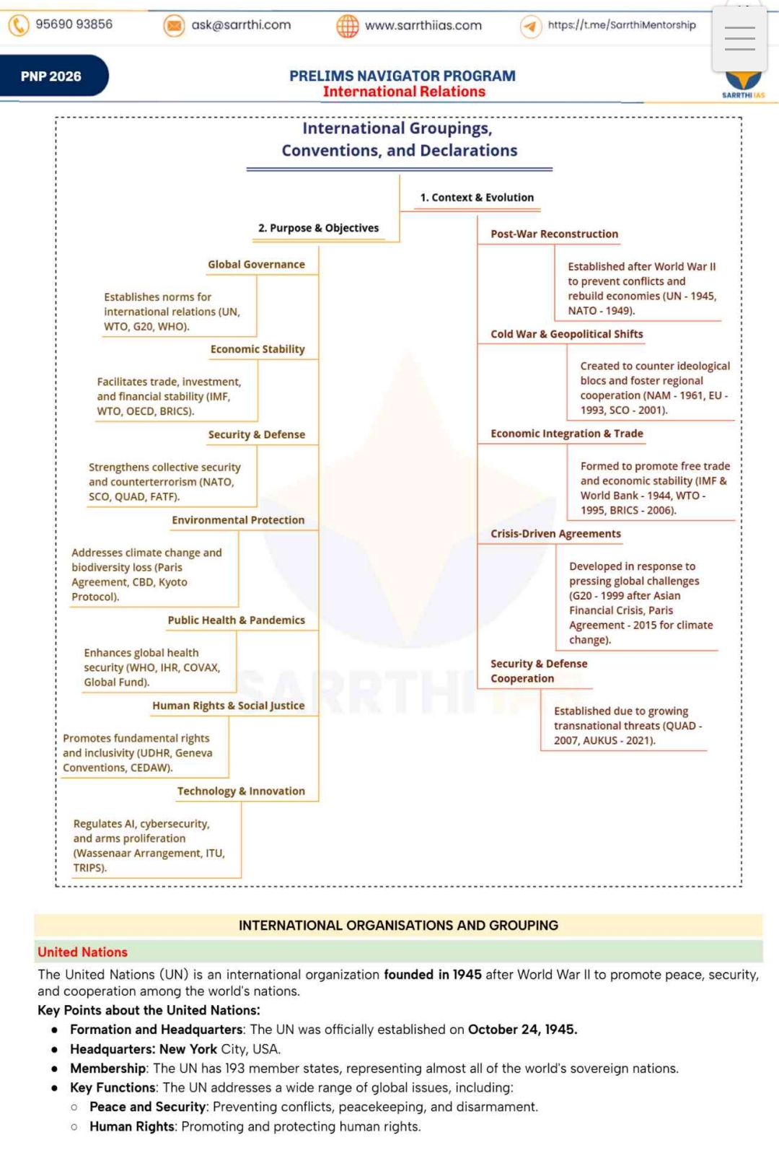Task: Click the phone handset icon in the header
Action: [x=19, y=25]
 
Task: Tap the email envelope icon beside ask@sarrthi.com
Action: [x=174, y=26]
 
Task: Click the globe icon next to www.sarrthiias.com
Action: [x=348, y=26]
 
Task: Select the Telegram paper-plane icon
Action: [x=531, y=26]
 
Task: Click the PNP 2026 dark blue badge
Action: [x=51, y=76]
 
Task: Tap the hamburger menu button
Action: [x=739, y=38]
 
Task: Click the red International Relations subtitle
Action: [x=404, y=92]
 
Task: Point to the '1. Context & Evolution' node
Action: [x=477, y=198]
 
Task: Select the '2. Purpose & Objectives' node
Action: [x=318, y=228]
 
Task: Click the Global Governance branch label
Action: [x=256, y=265]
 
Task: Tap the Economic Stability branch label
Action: [x=258, y=349]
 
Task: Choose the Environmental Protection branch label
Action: [x=238, y=520]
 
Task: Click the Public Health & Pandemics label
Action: [x=236, y=620]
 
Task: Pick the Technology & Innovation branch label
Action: [x=241, y=791]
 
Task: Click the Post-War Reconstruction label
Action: [x=554, y=234]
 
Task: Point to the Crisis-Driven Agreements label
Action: [x=555, y=534]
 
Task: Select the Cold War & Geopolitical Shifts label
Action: [x=566, y=334]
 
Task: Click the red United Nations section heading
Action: [x=82, y=952]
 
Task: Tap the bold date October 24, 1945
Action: [x=522, y=1030]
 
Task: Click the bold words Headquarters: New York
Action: [x=143, y=1049]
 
